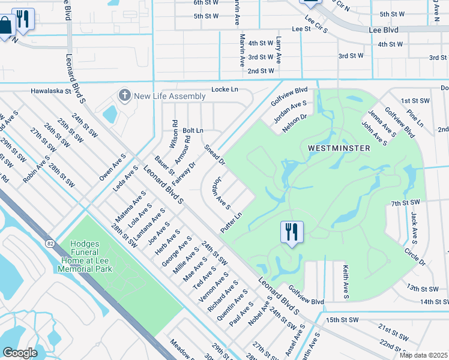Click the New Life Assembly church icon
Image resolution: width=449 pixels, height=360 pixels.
(x=124, y=95)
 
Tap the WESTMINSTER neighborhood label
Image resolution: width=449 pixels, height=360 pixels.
(x=336, y=148)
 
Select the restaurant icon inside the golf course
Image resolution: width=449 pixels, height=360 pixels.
(x=292, y=232)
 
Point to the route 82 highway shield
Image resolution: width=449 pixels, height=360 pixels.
(x=49, y=242)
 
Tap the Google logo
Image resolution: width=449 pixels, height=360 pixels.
(x=20, y=353)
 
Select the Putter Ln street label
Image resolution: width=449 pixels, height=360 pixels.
(x=231, y=223)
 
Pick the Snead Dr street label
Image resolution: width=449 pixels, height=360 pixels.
(x=214, y=155)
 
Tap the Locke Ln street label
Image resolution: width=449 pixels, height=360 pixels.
(x=224, y=90)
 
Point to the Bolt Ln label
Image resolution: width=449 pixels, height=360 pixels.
(x=193, y=130)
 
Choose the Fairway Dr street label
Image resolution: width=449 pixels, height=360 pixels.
(x=184, y=173)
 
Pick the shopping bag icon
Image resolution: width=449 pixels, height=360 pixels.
(x=5, y=26)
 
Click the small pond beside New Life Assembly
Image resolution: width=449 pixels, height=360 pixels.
(x=110, y=113)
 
